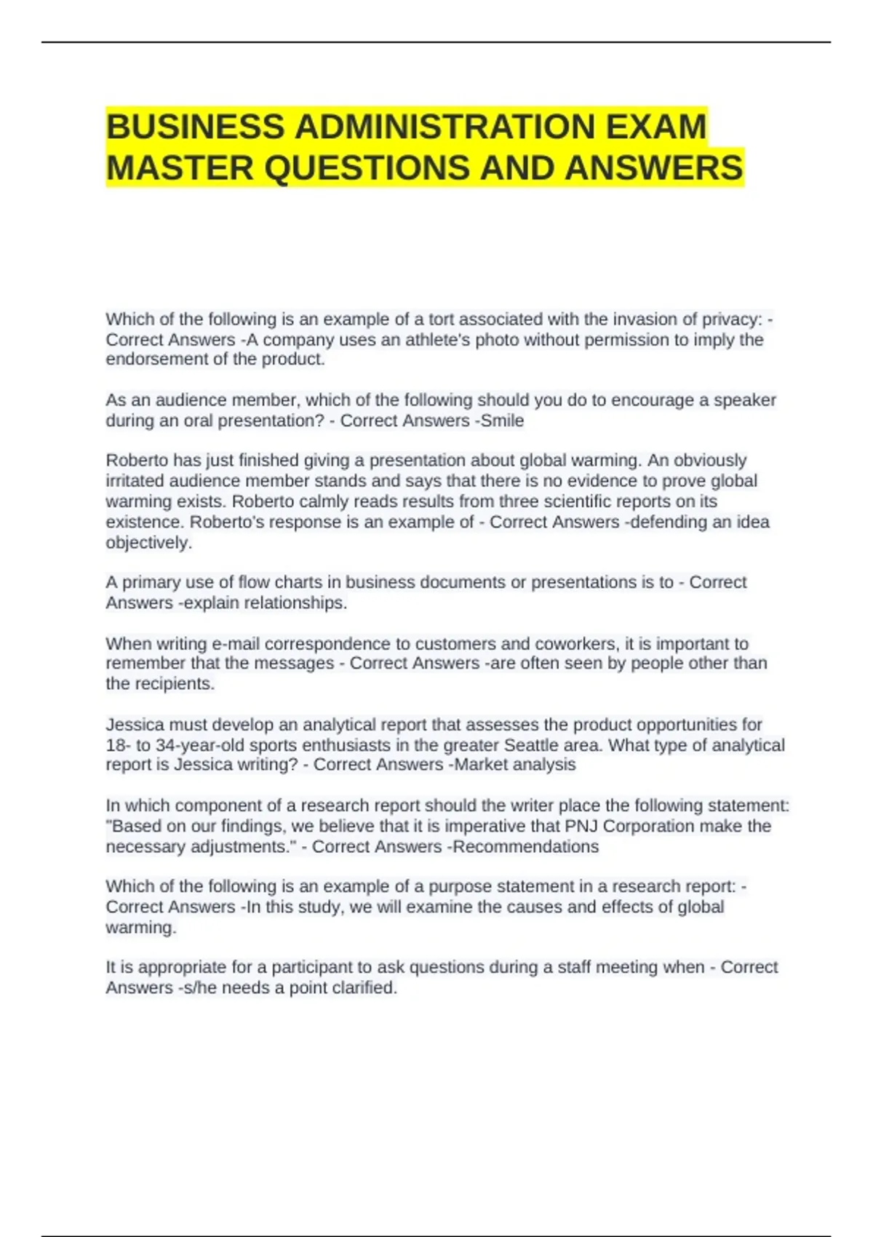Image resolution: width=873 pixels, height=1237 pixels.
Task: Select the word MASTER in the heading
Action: click(x=180, y=168)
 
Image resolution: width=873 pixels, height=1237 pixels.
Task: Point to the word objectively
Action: click(x=148, y=543)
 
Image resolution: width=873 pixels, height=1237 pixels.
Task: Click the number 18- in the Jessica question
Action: click(x=116, y=745)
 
